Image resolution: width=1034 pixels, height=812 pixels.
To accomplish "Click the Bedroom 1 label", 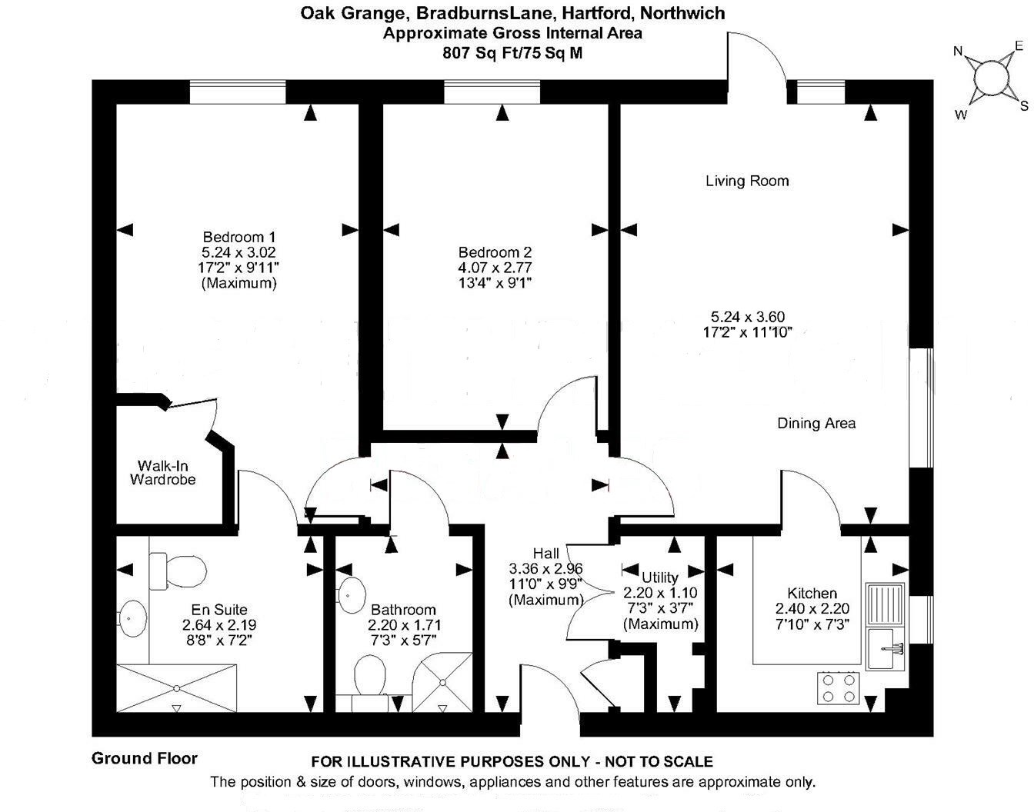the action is tap(238, 237).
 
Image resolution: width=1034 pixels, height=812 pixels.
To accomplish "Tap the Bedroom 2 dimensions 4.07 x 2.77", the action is tap(495, 267).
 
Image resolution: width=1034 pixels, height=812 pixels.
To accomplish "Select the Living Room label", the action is tap(747, 181).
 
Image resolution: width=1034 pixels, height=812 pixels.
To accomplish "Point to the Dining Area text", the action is tap(816, 423).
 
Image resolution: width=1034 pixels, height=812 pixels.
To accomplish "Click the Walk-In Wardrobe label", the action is tap(163, 473).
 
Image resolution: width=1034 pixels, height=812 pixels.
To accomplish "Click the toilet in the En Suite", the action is tap(178, 571).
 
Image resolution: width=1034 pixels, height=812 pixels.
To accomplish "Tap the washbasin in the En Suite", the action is tap(132, 618).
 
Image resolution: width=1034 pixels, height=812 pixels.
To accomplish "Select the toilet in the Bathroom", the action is tap(370, 674).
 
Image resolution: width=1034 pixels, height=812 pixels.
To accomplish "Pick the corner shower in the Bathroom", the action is tap(442, 683).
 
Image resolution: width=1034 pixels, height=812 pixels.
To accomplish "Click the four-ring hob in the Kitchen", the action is tap(839, 688).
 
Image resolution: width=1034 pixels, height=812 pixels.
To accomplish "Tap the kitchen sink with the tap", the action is tap(886, 648).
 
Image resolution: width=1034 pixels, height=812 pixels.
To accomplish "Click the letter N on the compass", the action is tap(959, 52).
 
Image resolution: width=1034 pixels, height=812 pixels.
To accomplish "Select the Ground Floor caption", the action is tap(144, 758).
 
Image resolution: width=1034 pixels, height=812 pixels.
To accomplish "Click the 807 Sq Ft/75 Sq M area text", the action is tap(512, 53).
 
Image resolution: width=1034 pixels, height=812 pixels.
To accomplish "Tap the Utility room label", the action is tap(660, 577).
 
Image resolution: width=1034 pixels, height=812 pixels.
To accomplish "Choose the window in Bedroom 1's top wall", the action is tap(238, 92).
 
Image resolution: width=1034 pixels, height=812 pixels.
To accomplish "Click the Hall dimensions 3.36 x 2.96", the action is tap(545, 568).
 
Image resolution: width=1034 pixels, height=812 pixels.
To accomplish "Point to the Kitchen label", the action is tap(812, 593).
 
